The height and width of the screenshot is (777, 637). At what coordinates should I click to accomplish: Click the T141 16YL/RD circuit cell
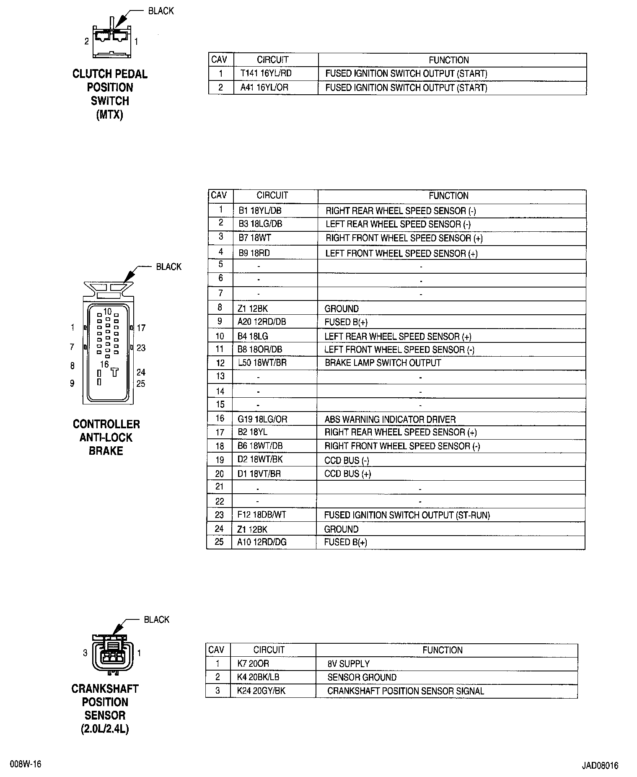(x=266, y=74)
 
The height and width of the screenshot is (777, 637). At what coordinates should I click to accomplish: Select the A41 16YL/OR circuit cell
(x=264, y=88)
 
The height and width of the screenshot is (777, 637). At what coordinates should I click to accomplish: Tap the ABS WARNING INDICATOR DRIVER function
(x=390, y=419)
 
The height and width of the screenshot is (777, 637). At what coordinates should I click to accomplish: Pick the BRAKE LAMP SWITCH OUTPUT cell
(x=383, y=363)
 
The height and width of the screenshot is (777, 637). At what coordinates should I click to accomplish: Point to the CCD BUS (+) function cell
(x=347, y=474)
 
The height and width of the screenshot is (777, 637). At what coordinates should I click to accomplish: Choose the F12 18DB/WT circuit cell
(x=262, y=515)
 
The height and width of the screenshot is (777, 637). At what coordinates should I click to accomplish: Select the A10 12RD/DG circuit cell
(x=262, y=542)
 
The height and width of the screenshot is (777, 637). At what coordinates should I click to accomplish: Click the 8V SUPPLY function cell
(x=348, y=664)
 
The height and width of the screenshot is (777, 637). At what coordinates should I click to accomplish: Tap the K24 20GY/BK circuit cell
(x=261, y=691)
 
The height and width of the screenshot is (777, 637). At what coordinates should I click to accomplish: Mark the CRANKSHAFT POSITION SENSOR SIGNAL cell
(x=405, y=691)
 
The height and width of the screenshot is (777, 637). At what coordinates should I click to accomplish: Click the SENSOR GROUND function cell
(x=362, y=678)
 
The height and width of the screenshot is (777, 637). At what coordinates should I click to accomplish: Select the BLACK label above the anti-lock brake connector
(x=168, y=267)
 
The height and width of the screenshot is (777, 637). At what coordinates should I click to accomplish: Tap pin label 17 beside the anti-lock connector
(x=141, y=328)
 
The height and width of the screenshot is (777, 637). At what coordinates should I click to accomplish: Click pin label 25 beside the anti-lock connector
(x=141, y=384)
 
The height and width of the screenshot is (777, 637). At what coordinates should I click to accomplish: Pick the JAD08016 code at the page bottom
(x=600, y=766)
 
